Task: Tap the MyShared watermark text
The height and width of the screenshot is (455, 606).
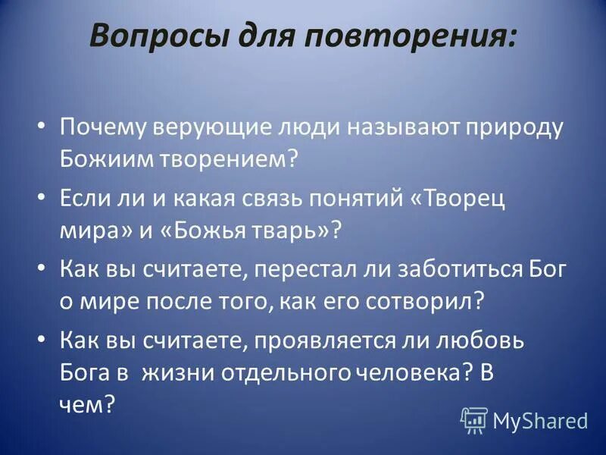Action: point(539,419)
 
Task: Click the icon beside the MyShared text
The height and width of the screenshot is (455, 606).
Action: point(474,419)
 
